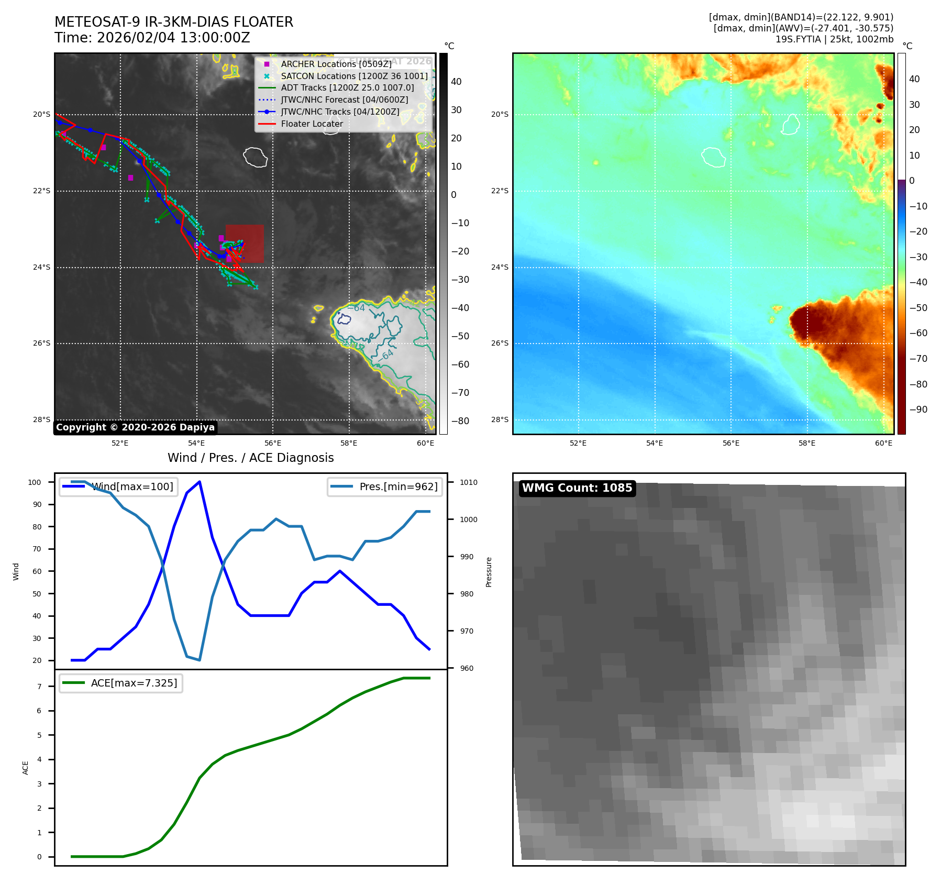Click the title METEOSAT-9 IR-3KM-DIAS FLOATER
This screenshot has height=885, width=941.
point(174,22)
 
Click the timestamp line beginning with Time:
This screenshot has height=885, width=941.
point(152,38)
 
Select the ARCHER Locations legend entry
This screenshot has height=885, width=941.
point(336,64)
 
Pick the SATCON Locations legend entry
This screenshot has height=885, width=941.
point(354,76)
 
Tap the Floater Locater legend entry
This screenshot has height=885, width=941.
point(312,124)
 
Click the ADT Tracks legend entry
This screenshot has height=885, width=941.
point(347,88)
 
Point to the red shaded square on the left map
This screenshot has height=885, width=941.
point(245,244)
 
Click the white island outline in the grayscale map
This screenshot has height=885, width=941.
point(256,157)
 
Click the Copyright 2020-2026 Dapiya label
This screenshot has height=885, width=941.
point(135,427)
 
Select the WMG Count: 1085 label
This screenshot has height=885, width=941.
point(577,488)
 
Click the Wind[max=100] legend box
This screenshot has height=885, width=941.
point(118,486)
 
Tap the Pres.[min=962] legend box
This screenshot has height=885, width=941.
point(384,486)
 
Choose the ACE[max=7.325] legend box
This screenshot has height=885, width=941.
point(121,683)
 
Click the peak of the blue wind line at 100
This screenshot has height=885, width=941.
point(200,482)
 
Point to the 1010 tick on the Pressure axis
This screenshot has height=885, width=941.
point(469,482)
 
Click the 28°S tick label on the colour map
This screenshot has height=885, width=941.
point(500,419)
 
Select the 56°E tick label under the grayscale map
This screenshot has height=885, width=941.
point(273,443)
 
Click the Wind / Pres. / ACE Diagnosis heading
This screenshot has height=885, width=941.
point(250,458)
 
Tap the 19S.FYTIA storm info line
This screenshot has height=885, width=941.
point(834,39)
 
